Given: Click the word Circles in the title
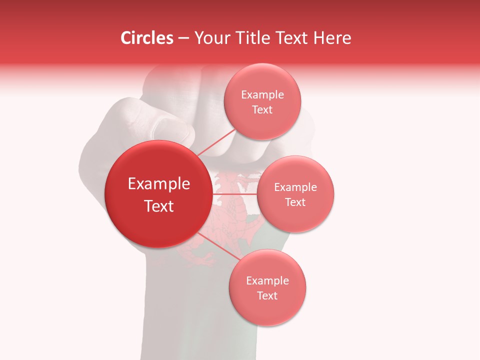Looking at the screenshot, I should pos(147,38).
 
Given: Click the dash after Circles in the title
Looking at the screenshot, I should pos(183,38).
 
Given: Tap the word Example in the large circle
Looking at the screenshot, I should pos(159,184).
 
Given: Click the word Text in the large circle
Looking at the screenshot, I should pos(159,206).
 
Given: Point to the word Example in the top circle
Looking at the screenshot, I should pos(262,95).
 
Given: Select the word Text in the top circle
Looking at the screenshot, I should pos(262,109).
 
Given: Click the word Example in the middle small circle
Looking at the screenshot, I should pos(295,187).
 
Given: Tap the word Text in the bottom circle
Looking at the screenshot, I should pos(267,295).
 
